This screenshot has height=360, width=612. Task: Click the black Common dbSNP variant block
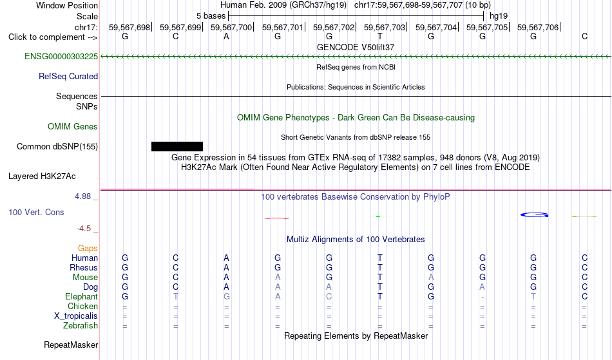tap(177, 146)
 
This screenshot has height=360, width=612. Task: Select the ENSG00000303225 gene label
tap(61, 57)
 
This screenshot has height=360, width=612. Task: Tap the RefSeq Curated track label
tap(68, 77)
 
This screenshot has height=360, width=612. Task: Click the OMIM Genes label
tap(73, 127)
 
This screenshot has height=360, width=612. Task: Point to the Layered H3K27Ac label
tap(42, 176)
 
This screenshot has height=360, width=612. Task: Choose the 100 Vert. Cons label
tap(36, 212)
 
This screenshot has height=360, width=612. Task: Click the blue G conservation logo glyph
tap(534, 215)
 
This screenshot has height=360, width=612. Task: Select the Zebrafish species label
tap(81, 326)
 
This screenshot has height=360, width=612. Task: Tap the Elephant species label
tap(82, 297)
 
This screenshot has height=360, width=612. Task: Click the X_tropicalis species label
tap(76, 316)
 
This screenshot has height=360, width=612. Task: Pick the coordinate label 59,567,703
tap(385, 27)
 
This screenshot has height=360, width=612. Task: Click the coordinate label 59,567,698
tap(129, 27)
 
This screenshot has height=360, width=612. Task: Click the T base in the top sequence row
tap(380, 37)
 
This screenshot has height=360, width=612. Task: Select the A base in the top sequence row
tap(226, 37)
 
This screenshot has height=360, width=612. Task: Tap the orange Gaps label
tap(88, 249)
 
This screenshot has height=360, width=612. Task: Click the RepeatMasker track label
tap(71, 345)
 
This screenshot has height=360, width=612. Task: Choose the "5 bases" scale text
tap(211, 16)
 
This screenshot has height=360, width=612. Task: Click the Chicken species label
tap(82, 307)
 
